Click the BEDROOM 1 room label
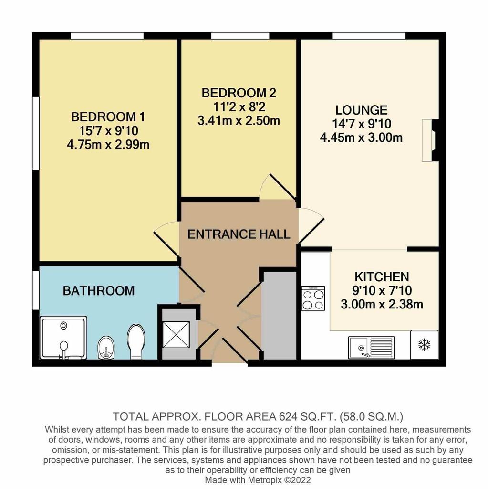pyautogui.click(x=108, y=117)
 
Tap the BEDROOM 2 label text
pyautogui.click(x=239, y=93)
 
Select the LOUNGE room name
pyautogui.click(x=361, y=110)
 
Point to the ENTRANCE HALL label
pyautogui.click(x=239, y=234)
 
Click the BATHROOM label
pyautogui.click(x=99, y=291)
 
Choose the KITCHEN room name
pyautogui.click(x=382, y=276)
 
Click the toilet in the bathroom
pyautogui.click(x=136, y=341)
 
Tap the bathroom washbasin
pyautogui.click(x=106, y=348)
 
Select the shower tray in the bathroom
pyautogui.click(x=63, y=338)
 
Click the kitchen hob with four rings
pyautogui.click(x=313, y=298)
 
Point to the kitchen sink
pyautogui.click(x=371, y=348)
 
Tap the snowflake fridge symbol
pyautogui.click(x=424, y=344)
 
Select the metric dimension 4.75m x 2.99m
pyautogui.click(x=108, y=145)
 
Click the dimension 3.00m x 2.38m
pyautogui.click(x=382, y=304)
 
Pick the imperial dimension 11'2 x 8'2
pyautogui.click(x=239, y=107)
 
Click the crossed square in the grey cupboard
pyautogui.click(x=177, y=334)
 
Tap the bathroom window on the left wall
pyautogui.click(x=36, y=290)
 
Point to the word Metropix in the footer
pyautogui.click(x=263, y=480)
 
